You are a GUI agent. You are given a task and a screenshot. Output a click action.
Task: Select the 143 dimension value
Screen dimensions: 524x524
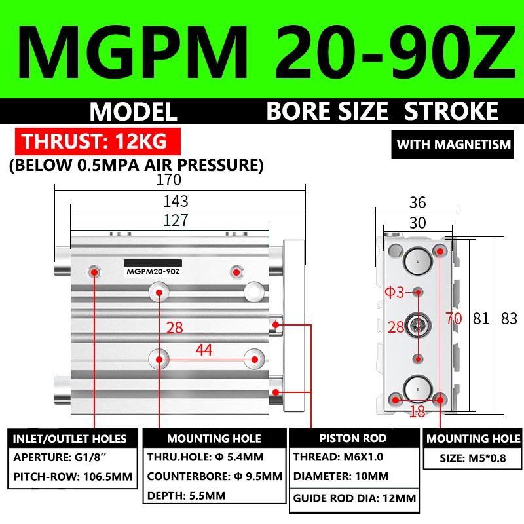(x=176, y=200)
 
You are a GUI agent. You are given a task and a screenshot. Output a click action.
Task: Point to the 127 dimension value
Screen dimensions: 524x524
(x=176, y=220)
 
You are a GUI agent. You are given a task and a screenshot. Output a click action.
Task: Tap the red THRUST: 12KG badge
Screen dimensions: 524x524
(x=94, y=141)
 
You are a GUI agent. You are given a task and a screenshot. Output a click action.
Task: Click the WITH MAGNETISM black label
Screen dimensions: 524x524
(x=454, y=144)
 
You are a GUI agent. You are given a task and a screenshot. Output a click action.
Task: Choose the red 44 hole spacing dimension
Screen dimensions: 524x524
(x=204, y=350)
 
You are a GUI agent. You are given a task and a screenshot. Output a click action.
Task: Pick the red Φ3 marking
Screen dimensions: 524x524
(x=395, y=292)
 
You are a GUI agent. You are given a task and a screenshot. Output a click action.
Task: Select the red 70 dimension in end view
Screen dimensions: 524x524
(x=454, y=319)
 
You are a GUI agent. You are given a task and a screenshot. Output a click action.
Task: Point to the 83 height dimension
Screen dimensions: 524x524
(x=509, y=319)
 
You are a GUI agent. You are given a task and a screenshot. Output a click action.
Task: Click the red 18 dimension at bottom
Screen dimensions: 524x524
(x=417, y=411)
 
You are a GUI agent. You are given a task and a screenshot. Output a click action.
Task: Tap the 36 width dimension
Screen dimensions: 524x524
(x=417, y=203)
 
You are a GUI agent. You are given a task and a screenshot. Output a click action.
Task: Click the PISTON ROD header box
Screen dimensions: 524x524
(x=352, y=438)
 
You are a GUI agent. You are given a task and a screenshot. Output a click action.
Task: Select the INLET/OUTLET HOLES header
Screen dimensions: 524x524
(x=70, y=438)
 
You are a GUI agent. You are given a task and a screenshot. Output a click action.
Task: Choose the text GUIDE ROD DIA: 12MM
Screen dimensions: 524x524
(x=354, y=498)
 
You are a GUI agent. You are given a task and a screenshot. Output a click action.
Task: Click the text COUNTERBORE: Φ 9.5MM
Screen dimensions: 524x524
(x=214, y=476)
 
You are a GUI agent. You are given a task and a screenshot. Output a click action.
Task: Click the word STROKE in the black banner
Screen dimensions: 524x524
(x=451, y=111)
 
